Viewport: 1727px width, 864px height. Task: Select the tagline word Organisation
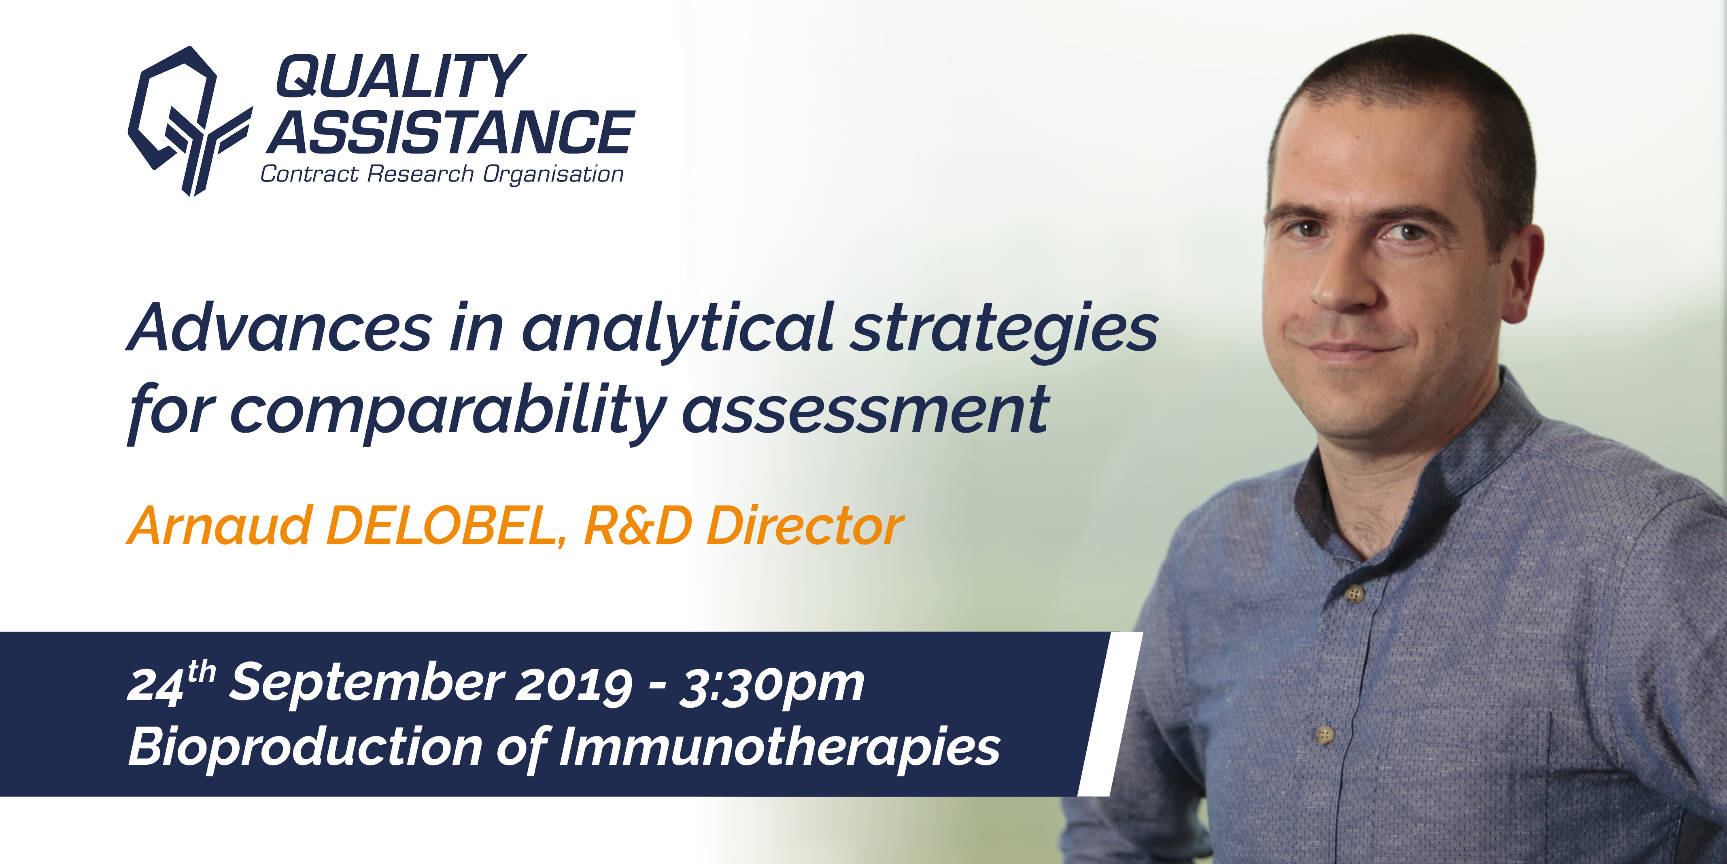[x=553, y=175]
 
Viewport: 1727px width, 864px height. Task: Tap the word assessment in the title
[x=865, y=409]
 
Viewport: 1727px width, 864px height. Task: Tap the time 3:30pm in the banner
[x=772, y=685]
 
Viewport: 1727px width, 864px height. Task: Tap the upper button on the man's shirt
[x=1355, y=594]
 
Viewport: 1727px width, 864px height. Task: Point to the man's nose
[x=1344, y=282]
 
